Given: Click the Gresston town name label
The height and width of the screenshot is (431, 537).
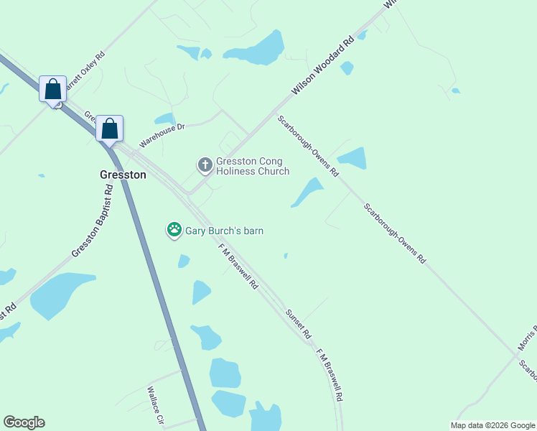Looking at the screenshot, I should (122, 175).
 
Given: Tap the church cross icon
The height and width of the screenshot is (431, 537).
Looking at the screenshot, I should (205, 165).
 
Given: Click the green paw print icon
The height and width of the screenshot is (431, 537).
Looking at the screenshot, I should (174, 230).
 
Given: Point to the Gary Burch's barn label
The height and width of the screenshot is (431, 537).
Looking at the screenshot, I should (225, 231).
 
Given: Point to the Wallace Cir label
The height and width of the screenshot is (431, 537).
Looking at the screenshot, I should (156, 405).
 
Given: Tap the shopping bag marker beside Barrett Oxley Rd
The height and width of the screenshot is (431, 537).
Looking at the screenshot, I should (53, 89).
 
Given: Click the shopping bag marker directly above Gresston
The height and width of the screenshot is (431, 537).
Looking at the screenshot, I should (109, 129).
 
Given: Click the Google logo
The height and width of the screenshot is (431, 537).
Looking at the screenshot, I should (24, 422).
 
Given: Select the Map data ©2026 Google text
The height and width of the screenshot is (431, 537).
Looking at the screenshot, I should (493, 425).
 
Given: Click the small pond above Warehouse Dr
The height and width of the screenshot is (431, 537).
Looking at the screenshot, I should (164, 119).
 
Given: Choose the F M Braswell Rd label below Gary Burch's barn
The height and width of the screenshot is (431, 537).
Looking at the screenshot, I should (238, 266).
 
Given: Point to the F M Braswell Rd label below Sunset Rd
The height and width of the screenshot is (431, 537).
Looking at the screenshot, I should (330, 375).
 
